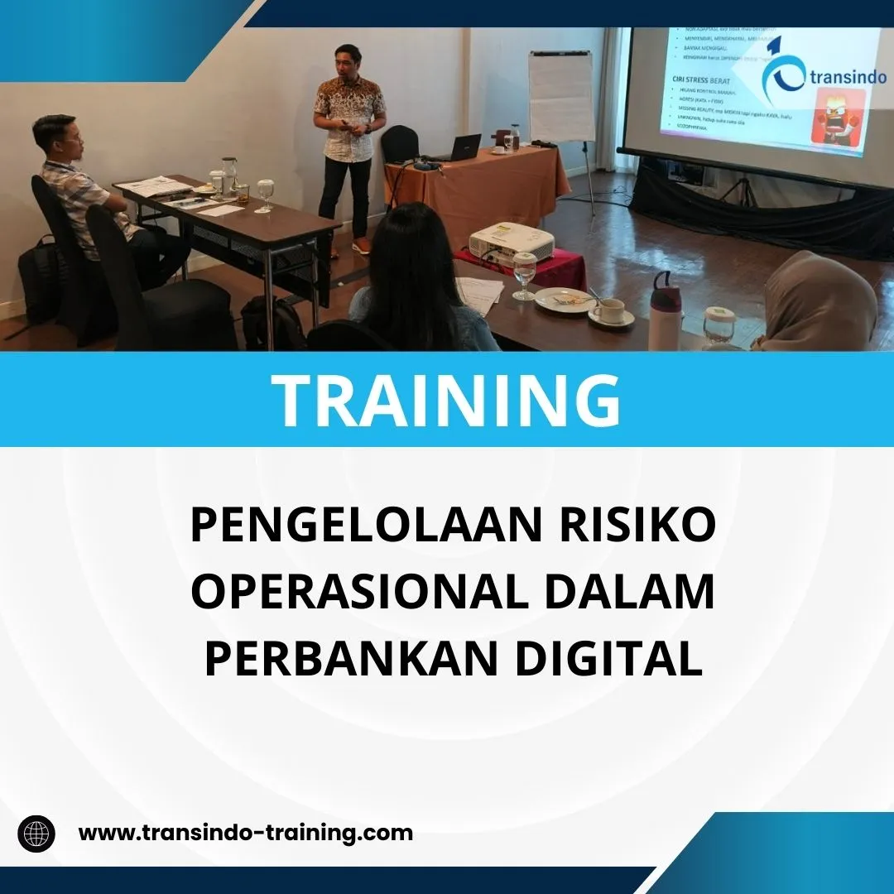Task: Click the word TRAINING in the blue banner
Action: click(x=447, y=400)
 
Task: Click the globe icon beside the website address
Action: click(x=36, y=833)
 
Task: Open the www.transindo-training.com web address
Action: click(x=245, y=833)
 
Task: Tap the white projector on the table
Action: click(x=512, y=243)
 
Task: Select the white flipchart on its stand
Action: click(x=561, y=96)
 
